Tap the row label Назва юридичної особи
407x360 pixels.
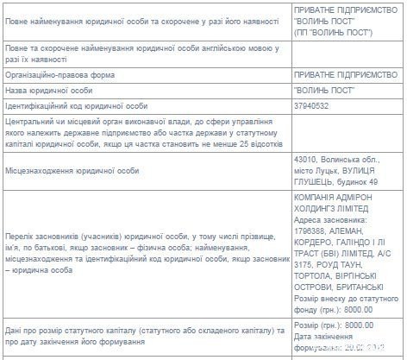(x=48, y=90)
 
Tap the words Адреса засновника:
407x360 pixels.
(x=333, y=218)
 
